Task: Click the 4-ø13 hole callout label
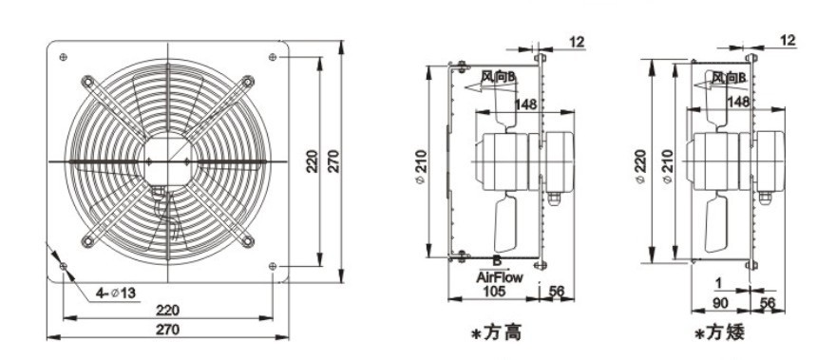point(116,293)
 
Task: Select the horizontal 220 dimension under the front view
point(167,310)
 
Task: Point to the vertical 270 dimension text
point(333,161)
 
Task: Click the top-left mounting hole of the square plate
point(64,57)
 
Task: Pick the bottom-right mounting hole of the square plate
point(273,266)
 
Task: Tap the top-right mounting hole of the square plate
point(273,57)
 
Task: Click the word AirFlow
point(500,277)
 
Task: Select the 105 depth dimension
point(494,291)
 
